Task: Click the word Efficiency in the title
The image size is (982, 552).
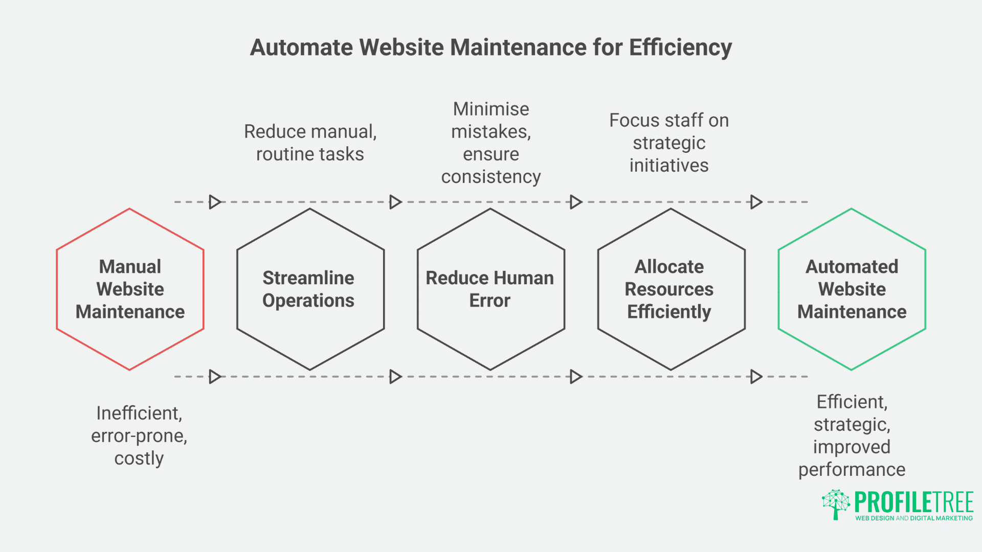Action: click(680, 48)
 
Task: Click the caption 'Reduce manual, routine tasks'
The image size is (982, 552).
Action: click(310, 143)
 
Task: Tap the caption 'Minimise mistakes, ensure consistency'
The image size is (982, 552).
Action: click(491, 143)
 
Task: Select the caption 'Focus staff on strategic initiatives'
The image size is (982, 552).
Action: click(669, 143)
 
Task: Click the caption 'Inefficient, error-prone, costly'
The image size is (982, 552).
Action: click(139, 435)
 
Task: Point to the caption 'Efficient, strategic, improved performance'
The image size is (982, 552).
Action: click(852, 435)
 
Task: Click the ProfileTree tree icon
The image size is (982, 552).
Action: click(836, 504)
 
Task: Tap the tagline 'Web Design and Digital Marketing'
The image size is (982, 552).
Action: click(914, 518)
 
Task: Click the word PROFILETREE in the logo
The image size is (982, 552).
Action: click(914, 502)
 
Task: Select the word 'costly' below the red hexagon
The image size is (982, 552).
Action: click(139, 458)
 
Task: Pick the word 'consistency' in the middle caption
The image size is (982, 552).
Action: click(491, 177)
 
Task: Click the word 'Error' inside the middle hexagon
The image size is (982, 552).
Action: click(490, 301)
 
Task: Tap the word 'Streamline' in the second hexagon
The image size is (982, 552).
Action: click(308, 278)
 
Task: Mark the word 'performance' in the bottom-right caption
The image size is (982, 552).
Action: click(852, 470)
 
